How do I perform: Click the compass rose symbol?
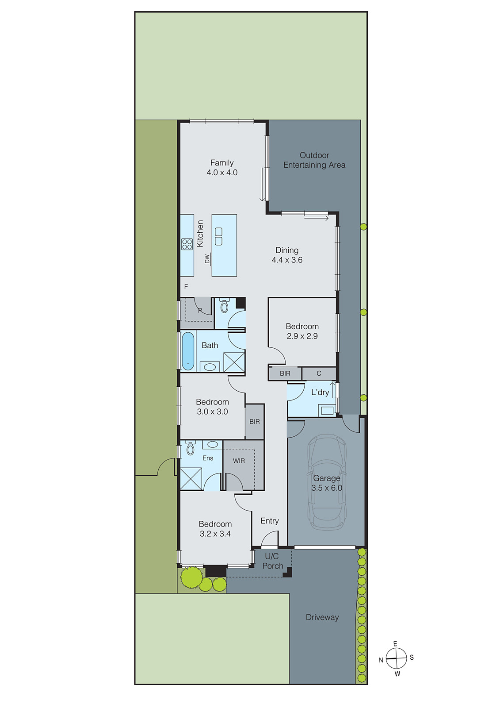click(x=396, y=658)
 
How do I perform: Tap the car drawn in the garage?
click(x=327, y=482)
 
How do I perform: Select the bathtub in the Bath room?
click(x=188, y=351)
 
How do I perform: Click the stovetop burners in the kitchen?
click(x=187, y=244)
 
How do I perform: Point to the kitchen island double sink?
click(x=218, y=236)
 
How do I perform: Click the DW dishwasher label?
click(x=207, y=259)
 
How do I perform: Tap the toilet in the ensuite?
click(x=191, y=448)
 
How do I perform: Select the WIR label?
click(x=239, y=461)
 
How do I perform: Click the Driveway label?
click(x=322, y=617)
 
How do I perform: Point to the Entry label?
click(x=270, y=521)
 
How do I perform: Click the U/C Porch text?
click(x=272, y=561)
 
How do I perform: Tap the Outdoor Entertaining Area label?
click(x=314, y=160)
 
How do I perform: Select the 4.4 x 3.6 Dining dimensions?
click(x=287, y=260)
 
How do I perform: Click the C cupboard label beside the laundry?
click(x=319, y=373)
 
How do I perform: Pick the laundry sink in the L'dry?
click(x=327, y=411)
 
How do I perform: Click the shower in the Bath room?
click(x=234, y=362)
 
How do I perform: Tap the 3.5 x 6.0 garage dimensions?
click(x=327, y=488)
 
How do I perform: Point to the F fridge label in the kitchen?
click(x=186, y=287)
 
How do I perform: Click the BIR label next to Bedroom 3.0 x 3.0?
click(x=254, y=422)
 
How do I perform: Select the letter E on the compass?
click(x=395, y=644)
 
